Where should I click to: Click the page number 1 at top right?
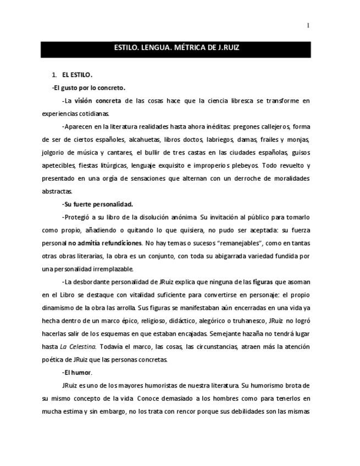tap(308, 25)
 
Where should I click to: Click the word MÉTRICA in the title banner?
tap(190, 48)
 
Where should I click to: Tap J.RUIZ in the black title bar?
tap(227, 48)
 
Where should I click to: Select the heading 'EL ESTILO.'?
tap(77, 75)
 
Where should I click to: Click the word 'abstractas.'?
tap(57, 192)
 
